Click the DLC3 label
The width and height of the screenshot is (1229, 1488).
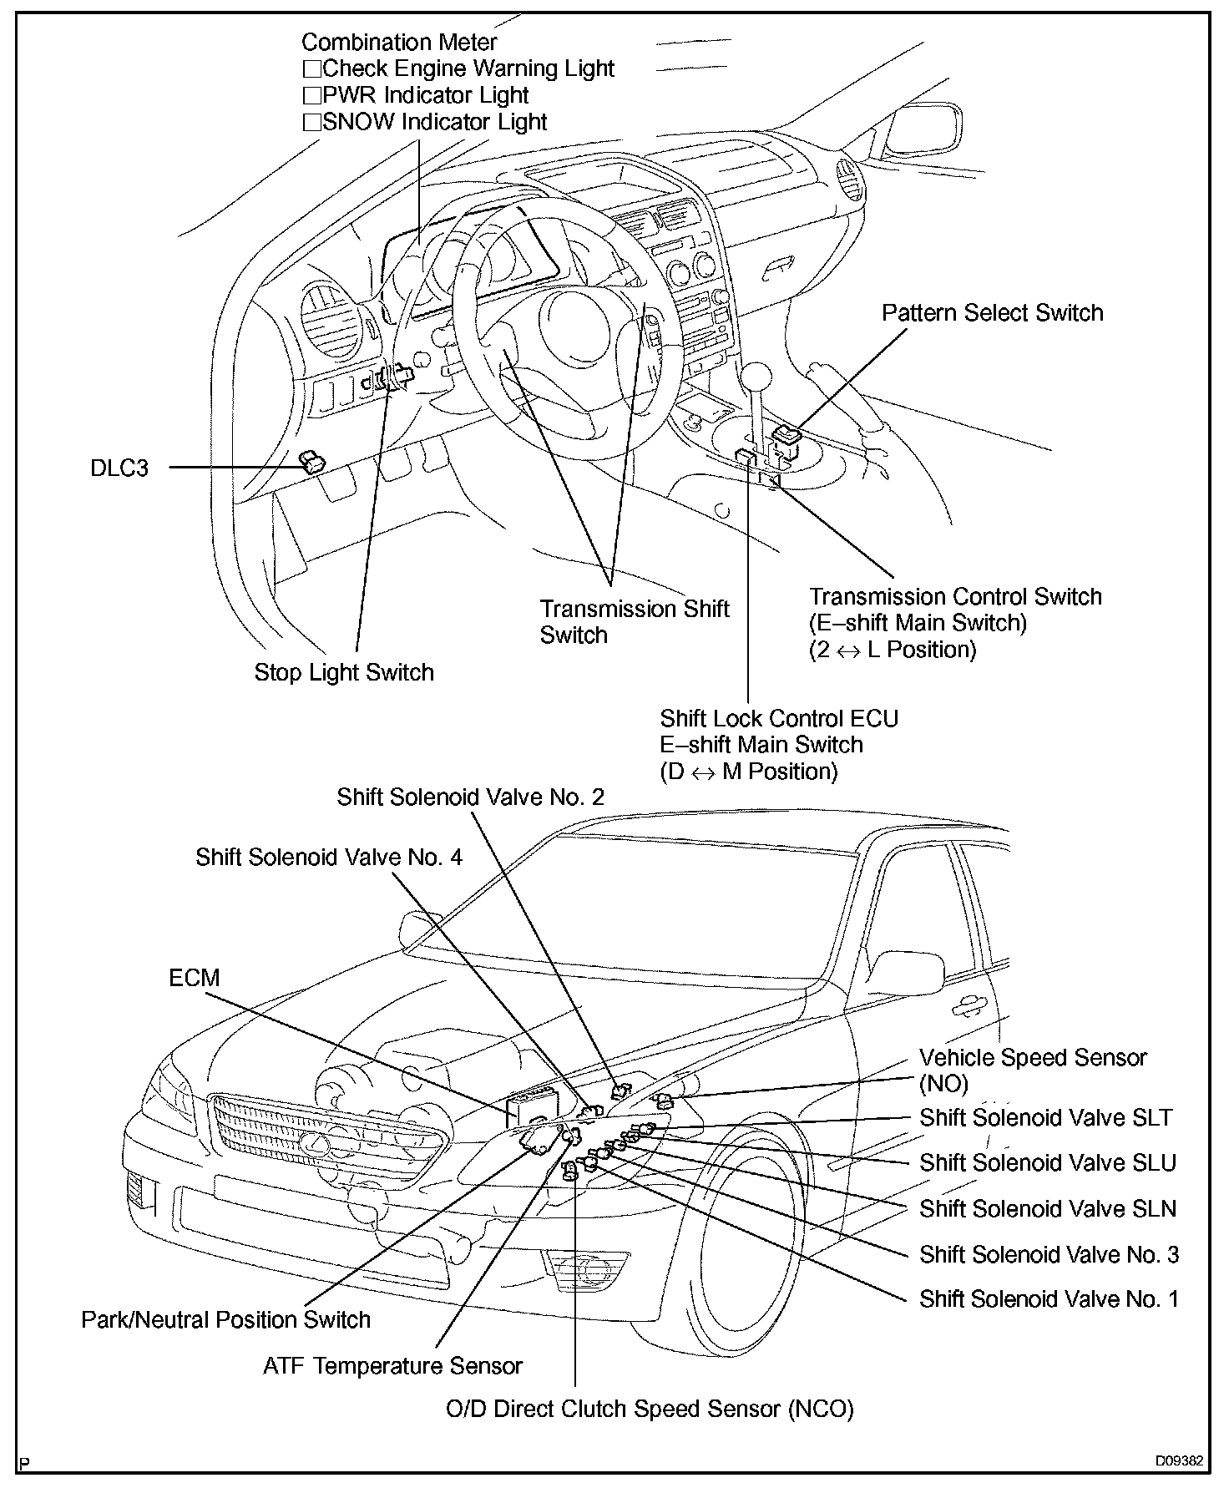[x=119, y=468]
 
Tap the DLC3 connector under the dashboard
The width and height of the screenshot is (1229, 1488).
[x=312, y=461]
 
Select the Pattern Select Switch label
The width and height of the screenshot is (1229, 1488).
[x=992, y=313]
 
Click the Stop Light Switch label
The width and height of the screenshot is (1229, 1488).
[x=344, y=672]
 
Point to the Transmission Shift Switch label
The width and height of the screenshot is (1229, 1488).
[x=634, y=621]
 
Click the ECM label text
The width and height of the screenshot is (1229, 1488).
[x=194, y=977]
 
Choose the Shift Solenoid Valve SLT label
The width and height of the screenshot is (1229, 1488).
[x=1045, y=1117]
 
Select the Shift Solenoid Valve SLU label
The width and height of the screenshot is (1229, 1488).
[x=1047, y=1162]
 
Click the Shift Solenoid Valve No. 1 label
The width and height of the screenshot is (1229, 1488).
[x=1049, y=1298]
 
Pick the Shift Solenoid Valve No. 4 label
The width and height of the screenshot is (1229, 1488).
[x=328, y=858]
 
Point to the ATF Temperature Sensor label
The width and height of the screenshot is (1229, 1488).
[x=392, y=1365]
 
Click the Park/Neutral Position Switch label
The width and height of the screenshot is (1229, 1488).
[x=225, y=1319]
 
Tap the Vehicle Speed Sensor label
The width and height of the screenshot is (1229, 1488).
[x=1033, y=1058]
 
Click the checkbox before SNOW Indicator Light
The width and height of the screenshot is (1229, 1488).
[x=311, y=123]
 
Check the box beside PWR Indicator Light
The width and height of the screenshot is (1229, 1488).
[x=311, y=96]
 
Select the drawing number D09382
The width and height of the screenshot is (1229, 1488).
[x=1179, y=1461]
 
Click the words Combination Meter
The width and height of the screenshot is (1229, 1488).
[x=399, y=43]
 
